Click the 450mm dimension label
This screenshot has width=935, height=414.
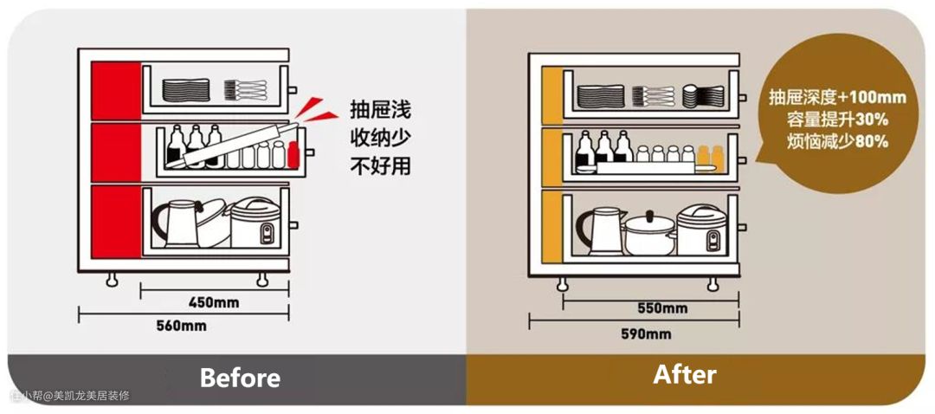tap(214, 303)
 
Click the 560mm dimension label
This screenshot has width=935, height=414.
tap(181, 326)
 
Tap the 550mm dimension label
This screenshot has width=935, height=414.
tap(662, 308)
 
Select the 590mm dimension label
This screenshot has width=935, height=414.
tap(646, 334)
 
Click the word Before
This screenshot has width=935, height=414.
tap(240, 378)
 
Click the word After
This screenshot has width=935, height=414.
tap(685, 375)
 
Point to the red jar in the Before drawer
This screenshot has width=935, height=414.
tap(293, 155)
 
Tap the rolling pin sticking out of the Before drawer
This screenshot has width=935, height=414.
tap(236, 143)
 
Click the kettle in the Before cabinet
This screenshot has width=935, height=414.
tap(175, 223)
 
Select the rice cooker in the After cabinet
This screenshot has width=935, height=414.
tap(701, 230)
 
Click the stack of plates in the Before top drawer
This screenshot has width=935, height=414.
tap(186, 90)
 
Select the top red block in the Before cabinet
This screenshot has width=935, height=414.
tap(116, 91)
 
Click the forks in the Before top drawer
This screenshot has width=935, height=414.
tap(245, 90)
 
